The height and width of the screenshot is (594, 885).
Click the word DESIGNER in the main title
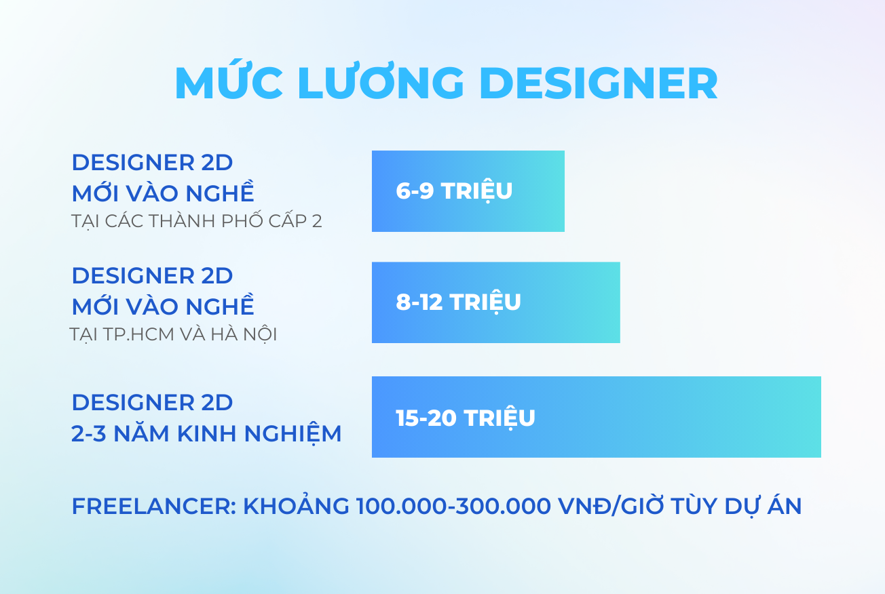tap(598, 83)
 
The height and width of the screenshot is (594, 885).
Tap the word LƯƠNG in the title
tap(381, 81)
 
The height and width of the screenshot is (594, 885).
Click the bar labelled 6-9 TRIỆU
tap(468, 191)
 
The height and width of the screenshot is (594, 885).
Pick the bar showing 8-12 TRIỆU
tap(496, 302)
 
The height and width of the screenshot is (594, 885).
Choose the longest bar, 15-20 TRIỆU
tap(597, 417)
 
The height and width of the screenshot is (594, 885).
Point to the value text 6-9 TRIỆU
tap(454, 191)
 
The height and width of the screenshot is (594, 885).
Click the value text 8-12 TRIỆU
tap(458, 302)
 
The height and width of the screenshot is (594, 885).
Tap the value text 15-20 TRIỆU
tap(466, 418)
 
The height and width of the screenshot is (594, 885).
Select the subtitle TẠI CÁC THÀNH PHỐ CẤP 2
tap(197, 220)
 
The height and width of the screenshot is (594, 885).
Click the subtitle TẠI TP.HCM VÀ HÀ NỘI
tap(174, 334)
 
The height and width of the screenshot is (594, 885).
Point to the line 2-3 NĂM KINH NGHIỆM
tap(206, 434)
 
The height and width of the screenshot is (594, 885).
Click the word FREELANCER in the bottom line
tap(154, 507)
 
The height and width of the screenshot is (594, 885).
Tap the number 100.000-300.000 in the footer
tap(453, 507)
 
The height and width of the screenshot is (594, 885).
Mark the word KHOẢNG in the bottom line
tap(297, 505)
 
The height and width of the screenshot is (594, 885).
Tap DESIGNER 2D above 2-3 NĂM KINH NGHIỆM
tap(152, 402)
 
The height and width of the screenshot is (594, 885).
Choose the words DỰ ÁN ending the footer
tap(763, 506)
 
